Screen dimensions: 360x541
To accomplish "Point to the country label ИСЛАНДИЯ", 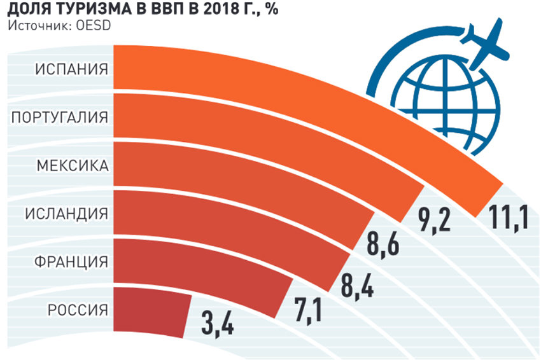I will tap(66, 213).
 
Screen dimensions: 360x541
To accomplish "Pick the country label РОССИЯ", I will tap(76, 310).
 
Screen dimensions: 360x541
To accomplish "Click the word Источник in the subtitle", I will tap(36, 25).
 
